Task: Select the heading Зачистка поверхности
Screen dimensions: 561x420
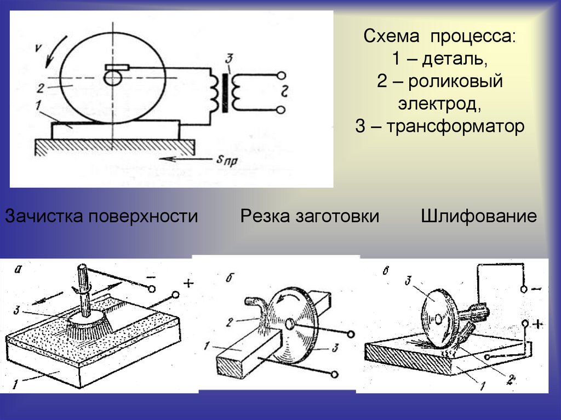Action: pyautogui.click(x=101, y=216)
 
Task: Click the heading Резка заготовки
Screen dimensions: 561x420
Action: pyautogui.click(x=310, y=216)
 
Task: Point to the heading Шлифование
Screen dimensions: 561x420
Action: pyautogui.click(x=479, y=216)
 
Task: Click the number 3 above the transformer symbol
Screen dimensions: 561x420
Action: pyautogui.click(x=229, y=57)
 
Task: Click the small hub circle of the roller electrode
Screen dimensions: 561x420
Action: pyautogui.click(x=112, y=79)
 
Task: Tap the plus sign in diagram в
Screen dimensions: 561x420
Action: pyautogui.click(x=537, y=324)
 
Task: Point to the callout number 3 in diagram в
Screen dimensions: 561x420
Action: pyautogui.click(x=408, y=281)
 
